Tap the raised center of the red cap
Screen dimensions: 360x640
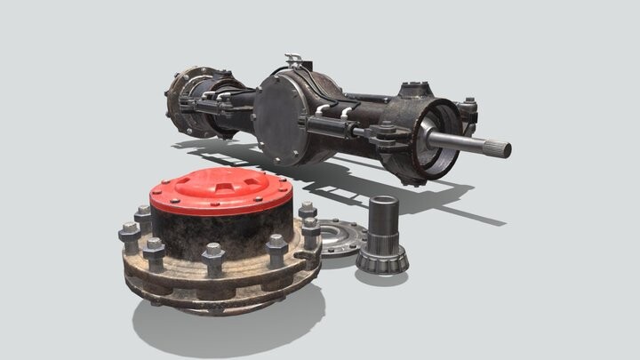point(219,183)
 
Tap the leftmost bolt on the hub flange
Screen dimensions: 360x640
point(130,236)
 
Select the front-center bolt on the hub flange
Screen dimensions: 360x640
point(213,260)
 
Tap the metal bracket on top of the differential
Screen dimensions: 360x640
point(292,64)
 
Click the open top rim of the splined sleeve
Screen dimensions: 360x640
point(384,201)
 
